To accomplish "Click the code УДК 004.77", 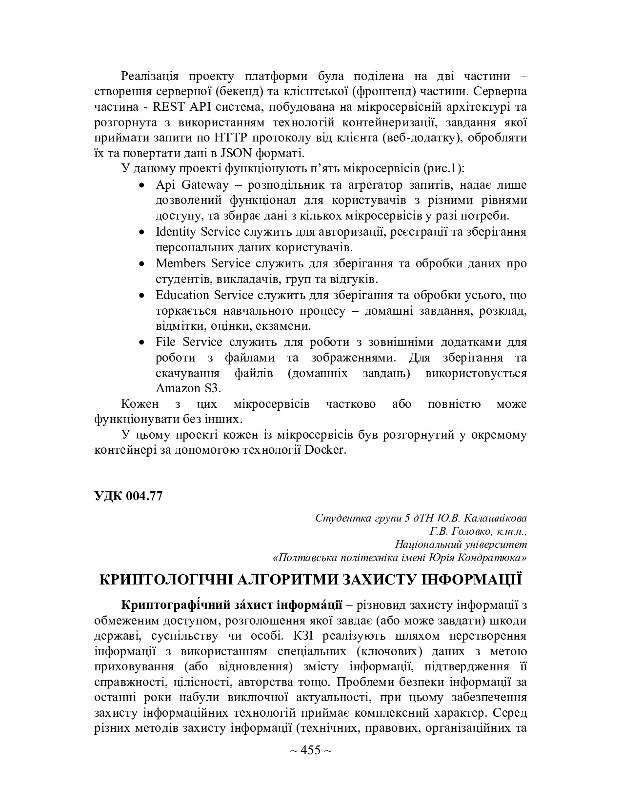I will point(128,496).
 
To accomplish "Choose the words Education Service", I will point(204,295).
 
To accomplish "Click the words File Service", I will point(189,342).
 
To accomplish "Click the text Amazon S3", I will point(188,388).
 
